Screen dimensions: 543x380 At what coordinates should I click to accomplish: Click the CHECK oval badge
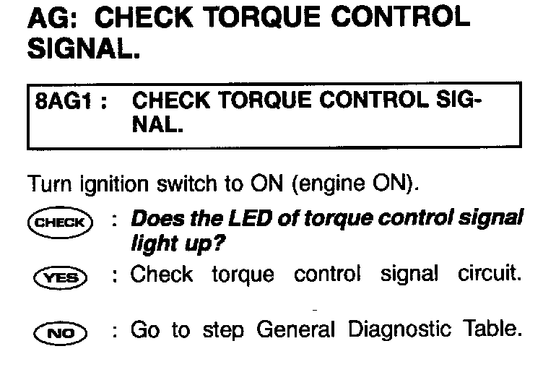click(x=60, y=223)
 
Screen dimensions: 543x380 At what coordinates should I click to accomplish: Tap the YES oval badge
click(x=61, y=278)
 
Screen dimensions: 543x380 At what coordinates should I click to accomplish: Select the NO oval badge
click(x=61, y=333)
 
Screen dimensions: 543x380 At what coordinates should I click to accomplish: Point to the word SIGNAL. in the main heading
click(x=84, y=48)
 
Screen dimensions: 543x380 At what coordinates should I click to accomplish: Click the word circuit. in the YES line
click(x=490, y=274)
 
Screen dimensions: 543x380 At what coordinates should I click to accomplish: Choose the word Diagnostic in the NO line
click(x=399, y=329)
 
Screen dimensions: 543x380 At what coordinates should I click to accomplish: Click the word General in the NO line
click(x=296, y=329)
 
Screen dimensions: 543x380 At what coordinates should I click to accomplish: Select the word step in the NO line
click(x=223, y=330)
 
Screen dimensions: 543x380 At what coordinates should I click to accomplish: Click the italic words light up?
click(x=178, y=244)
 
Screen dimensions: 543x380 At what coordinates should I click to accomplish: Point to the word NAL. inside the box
click(x=157, y=125)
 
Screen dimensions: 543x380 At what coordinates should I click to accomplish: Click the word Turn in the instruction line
click(x=50, y=183)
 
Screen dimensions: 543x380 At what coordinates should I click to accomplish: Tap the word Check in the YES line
click(x=161, y=274)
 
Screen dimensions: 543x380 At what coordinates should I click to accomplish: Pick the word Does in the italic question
click(x=157, y=219)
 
